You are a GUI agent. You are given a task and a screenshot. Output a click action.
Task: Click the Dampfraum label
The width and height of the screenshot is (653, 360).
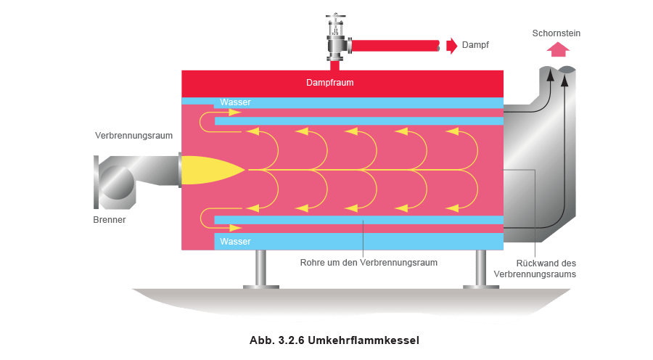pos(329,83)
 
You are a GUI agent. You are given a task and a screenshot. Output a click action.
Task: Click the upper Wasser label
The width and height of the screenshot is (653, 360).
pos(235,102)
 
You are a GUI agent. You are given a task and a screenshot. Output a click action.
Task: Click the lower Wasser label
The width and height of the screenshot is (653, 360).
pos(235,242)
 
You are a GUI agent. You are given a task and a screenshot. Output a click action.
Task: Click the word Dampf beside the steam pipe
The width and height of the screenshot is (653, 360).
pos(476,46)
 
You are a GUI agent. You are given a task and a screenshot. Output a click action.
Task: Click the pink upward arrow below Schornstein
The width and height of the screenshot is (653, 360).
pos(558,49)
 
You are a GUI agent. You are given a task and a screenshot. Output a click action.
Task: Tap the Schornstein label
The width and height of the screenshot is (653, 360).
pos(557,33)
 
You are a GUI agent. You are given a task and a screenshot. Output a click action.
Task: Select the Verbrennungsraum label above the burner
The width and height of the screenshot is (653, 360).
pos(134,136)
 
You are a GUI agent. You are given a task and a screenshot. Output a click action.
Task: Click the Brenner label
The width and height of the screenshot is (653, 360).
pos(109,218)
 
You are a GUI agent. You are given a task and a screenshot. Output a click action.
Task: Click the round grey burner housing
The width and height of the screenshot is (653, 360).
pos(116,180)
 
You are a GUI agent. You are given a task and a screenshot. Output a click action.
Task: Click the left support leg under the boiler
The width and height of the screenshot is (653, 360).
pos(260,270)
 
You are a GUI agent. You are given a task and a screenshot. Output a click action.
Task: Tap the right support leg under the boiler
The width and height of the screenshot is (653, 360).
pos(480,270)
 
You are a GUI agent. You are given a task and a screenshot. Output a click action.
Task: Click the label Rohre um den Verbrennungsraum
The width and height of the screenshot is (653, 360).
pos(370,262)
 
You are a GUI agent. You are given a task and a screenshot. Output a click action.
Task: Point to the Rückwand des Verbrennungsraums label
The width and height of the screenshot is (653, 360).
pos(546,269)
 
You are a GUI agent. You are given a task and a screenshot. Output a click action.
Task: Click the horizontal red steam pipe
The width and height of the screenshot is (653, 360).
pos(395,46)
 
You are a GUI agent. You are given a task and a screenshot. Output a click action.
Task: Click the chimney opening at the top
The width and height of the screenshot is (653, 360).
pos(559,69)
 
